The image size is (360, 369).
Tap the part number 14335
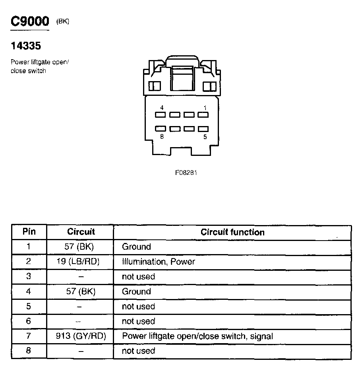26,46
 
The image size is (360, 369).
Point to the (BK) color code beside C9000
63,21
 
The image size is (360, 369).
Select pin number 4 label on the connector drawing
162,108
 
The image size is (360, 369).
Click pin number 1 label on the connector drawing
205,108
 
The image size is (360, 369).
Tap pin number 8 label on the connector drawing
162,137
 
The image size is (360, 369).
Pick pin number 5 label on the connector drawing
205,137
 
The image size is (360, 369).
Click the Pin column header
29,231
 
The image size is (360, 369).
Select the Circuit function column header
232,232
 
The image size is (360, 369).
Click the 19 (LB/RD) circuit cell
80,262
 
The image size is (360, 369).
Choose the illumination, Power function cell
159,262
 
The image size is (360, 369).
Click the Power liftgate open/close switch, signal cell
197,336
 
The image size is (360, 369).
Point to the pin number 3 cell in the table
29,276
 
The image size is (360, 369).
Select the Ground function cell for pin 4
136,291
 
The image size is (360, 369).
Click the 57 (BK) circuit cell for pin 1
79,247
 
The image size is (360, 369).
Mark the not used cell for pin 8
138,351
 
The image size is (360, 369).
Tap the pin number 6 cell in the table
29,321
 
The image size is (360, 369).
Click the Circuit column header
81,231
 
